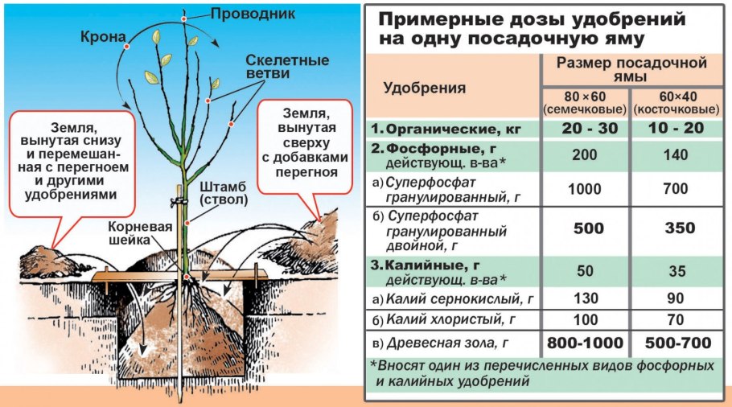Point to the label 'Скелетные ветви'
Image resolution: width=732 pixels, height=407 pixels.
275,69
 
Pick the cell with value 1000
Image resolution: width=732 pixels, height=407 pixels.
585,189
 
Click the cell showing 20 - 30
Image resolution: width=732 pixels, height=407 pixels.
585,129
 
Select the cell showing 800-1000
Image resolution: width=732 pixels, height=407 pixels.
585,343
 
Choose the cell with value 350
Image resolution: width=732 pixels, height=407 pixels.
676,228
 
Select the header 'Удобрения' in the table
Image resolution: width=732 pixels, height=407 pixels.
424,88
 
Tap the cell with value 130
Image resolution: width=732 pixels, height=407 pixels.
585,298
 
